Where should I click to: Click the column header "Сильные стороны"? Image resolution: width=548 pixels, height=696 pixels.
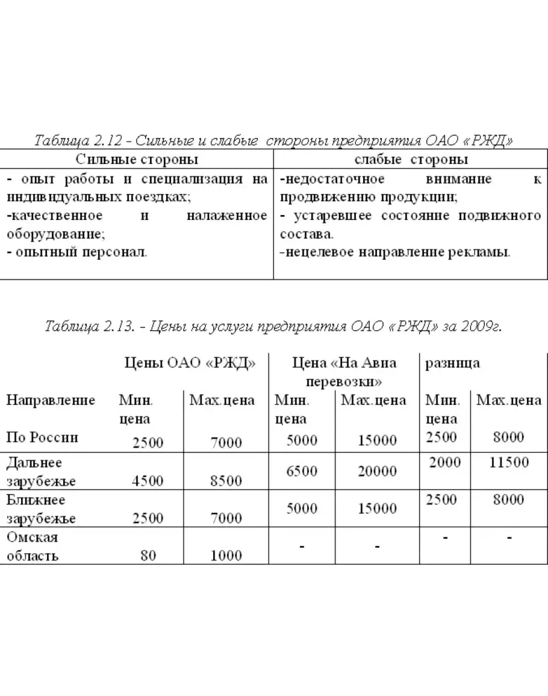pos(137,160)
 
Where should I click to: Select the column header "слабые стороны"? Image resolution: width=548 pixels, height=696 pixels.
pos(411,160)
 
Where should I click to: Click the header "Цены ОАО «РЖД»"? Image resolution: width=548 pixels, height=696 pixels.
pos(190,363)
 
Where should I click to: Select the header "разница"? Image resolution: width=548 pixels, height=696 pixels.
pos(452,363)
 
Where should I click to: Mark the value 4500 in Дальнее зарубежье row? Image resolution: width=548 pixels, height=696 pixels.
pos(148,481)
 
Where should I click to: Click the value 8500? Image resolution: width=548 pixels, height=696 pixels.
pos(226,481)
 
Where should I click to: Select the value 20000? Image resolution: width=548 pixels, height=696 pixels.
pos(377,471)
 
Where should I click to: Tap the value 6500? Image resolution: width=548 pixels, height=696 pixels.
pos(302,471)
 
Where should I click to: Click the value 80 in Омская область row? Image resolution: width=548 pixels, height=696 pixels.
pos(148,556)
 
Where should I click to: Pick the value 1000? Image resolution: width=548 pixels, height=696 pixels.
pos(226,556)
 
